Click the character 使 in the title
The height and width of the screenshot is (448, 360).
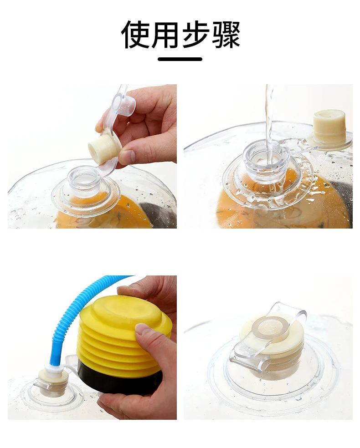coord(135,35)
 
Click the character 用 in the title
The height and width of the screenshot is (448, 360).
coord(165,35)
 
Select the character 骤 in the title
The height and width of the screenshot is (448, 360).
coord(225,35)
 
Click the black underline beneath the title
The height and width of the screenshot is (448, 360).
coord(180,59)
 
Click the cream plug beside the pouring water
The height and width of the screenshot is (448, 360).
coord(329,126)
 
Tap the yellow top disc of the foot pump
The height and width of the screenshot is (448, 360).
coord(130,311)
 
